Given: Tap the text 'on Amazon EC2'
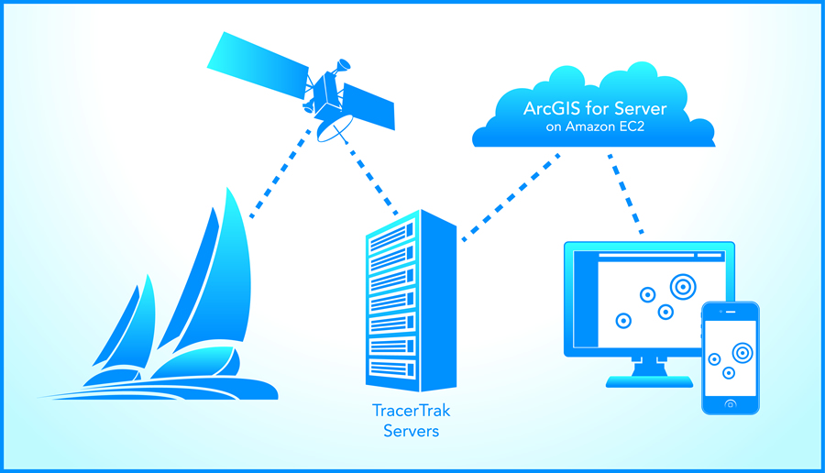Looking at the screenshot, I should click(x=593, y=128).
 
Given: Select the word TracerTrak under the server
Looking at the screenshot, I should click(x=411, y=412).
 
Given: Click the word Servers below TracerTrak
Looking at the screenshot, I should click(x=411, y=431).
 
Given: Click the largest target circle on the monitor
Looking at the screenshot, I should click(x=682, y=287).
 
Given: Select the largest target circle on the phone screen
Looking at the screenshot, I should click(x=741, y=351).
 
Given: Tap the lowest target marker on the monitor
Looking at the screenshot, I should click(x=623, y=321).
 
